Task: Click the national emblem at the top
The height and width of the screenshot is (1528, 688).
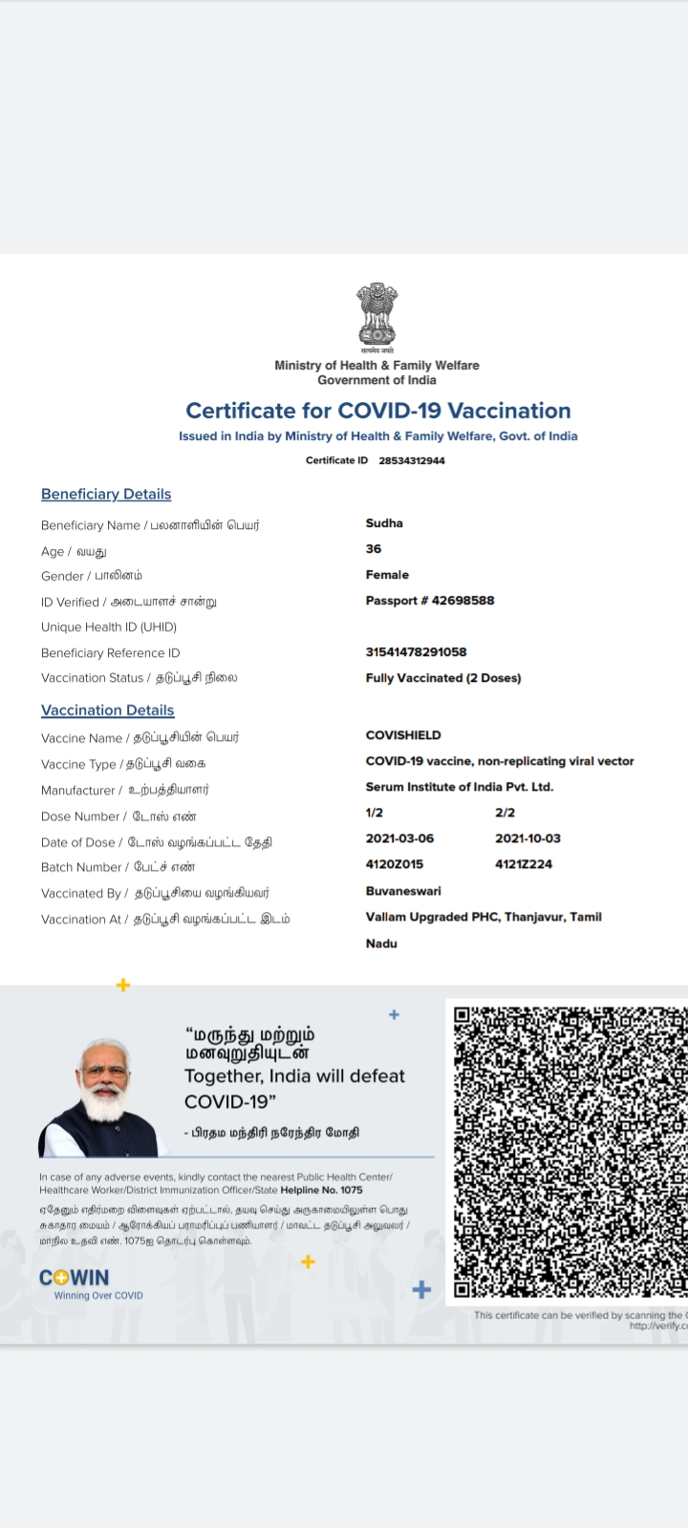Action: [x=376, y=315]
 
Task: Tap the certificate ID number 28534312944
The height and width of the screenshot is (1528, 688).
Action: [x=412, y=460]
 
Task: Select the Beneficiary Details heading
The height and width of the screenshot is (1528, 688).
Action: [x=106, y=494]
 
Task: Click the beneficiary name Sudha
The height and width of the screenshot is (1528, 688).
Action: [x=384, y=523]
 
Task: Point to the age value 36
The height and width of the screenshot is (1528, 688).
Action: [x=374, y=549]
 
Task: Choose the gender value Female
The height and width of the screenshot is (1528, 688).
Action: [x=387, y=575]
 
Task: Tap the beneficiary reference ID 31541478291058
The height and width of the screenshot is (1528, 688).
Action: [x=416, y=652]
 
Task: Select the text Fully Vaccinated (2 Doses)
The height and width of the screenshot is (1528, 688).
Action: [x=443, y=678]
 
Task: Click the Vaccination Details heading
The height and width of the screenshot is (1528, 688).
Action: [x=108, y=711]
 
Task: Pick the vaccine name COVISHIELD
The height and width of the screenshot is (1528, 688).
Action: [x=403, y=735]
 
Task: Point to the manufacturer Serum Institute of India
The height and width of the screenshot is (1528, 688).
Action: [x=460, y=787]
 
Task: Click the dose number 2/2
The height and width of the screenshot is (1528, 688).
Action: [x=505, y=813]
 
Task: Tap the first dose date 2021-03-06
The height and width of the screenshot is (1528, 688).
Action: [x=399, y=838]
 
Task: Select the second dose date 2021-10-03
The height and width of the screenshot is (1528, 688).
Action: [x=527, y=838]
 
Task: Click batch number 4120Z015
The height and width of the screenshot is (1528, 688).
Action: [x=395, y=864]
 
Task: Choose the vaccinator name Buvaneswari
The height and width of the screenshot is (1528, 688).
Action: [x=403, y=891]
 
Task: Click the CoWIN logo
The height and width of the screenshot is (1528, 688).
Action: [x=75, y=1278]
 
